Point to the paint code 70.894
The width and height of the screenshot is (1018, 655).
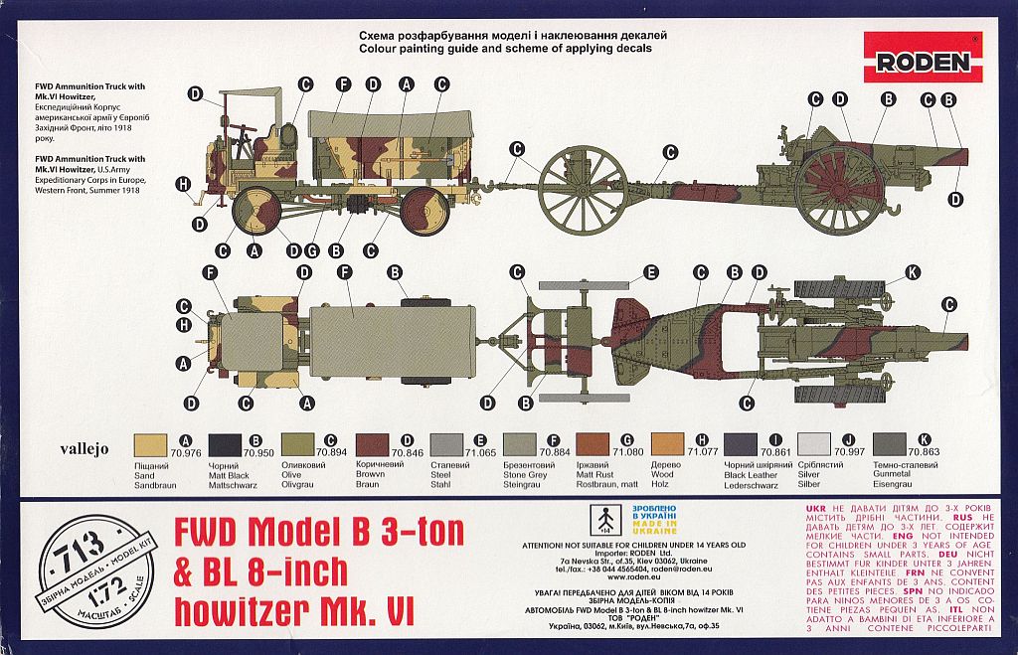(331, 452)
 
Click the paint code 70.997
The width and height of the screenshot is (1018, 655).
(852, 452)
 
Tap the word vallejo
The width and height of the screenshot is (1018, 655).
(85, 449)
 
